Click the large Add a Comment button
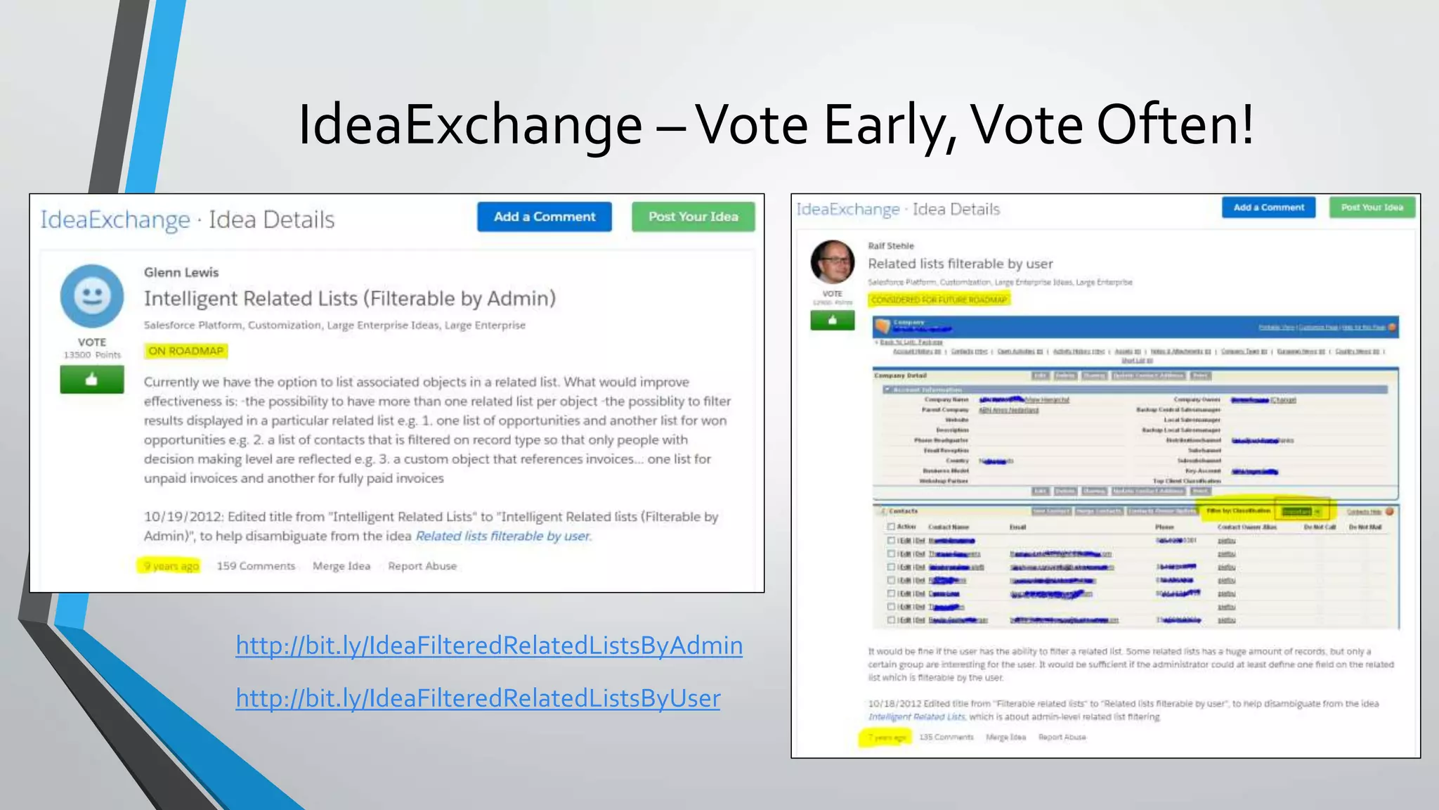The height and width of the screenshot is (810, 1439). [x=544, y=217]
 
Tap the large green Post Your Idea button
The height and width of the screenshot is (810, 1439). [x=693, y=217]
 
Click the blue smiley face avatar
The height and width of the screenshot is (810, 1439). [x=92, y=296]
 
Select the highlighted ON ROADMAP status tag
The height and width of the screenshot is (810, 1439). [x=185, y=351]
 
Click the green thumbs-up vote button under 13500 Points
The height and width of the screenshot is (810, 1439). [x=92, y=380]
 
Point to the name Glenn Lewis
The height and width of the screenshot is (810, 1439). [x=181, y=272]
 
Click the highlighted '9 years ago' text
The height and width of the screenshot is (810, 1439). [x=171, y=566]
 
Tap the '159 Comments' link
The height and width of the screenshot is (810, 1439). [x=256, y=566]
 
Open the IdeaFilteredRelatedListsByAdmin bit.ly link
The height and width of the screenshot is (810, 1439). [x=489, y=645]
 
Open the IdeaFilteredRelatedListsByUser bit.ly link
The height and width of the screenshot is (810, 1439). [x=478, y=698]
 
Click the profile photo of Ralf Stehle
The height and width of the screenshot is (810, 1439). [x=833, y=262]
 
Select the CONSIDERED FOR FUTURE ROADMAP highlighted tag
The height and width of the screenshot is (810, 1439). [x=939, y=300]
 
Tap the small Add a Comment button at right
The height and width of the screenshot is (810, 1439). [x=1268, y=207]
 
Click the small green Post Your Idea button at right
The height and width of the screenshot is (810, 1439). [x=1372, y=207]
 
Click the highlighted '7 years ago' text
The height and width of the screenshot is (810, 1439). [x=886, y=737]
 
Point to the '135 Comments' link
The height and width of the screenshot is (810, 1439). [x=946, y=737]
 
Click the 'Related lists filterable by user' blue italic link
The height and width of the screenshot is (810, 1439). [x=503, y=536]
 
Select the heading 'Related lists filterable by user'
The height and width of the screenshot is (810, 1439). [x=960, y=264]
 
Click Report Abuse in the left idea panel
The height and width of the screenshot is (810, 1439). [x=422, y=566]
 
